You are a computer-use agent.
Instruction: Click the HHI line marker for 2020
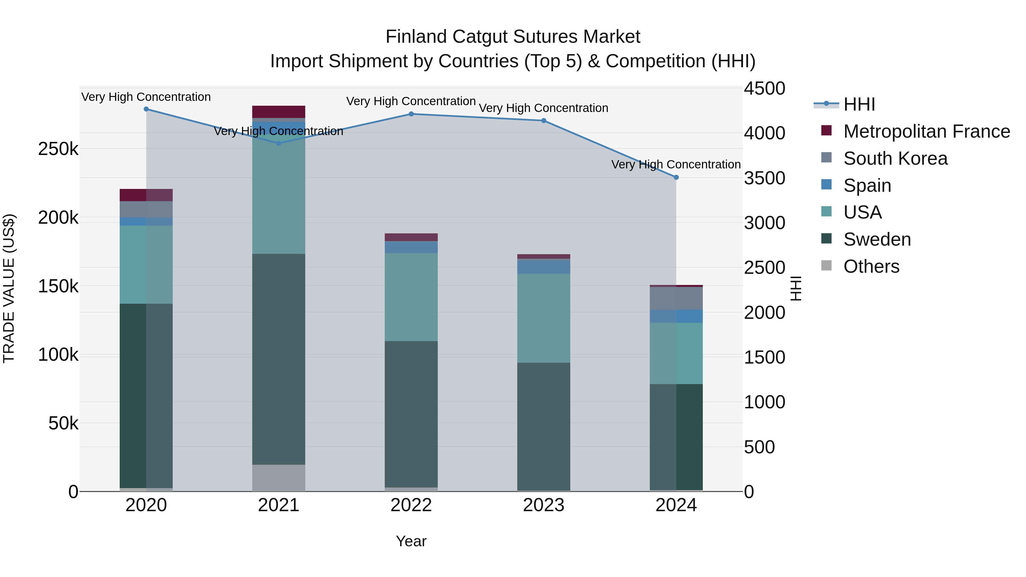pos(146,109)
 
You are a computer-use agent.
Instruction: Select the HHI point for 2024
pos(676,178)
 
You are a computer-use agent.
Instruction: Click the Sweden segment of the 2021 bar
pos(279,358)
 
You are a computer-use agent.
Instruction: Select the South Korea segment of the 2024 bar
pos(676,298)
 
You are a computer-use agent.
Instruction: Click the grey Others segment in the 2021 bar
pos(279,478)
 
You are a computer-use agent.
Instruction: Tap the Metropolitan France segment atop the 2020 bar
pos(146,195)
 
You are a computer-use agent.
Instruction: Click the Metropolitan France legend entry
pos(916,131)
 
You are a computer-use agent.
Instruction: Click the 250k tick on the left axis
pos(58,149)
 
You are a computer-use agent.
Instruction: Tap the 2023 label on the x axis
pos(544,505)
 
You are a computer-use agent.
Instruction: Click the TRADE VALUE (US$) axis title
pos(9,288)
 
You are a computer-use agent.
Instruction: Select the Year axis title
pos(411,541)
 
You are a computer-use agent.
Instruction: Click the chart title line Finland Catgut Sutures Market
pos(513,37)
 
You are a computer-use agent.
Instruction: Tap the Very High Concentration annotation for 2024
pos(676,164)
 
